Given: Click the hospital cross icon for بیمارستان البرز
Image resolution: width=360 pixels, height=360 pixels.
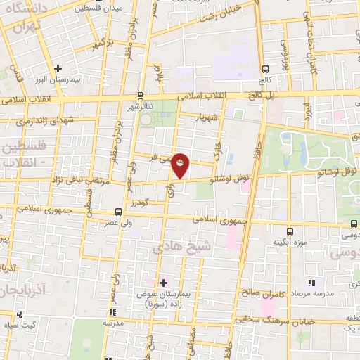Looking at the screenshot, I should (57, 68).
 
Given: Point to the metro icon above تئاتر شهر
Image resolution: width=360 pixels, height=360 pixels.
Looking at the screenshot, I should (140, 95).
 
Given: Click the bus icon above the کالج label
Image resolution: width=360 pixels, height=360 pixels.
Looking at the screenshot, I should (265, 69).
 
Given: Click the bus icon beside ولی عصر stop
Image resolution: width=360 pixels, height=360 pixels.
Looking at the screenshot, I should (117, 212).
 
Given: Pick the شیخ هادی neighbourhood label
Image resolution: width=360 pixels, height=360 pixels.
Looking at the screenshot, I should (177, 247).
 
